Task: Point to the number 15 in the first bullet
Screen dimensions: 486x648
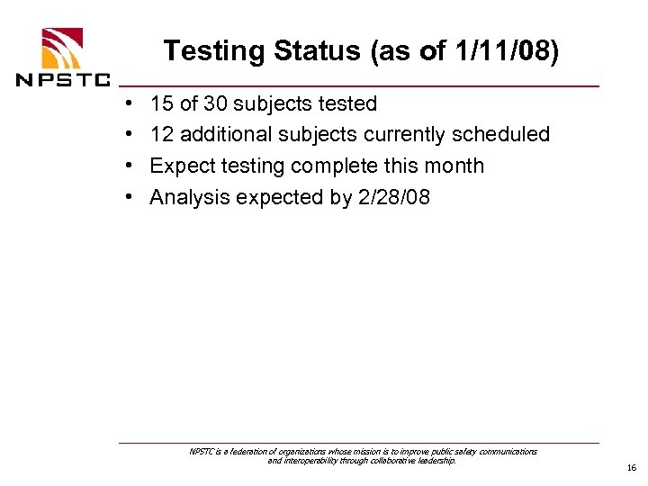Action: tap(162, 104)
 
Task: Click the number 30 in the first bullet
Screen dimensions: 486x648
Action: tap(218, 104)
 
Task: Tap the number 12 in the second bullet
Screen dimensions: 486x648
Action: tap(162, 135)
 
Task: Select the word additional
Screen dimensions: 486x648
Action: tap(222, 135)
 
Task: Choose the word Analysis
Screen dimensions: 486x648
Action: tap(189, 197)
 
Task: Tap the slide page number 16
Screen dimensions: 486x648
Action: tap(632, 468)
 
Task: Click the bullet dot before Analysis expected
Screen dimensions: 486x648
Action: tap(130, 197)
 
